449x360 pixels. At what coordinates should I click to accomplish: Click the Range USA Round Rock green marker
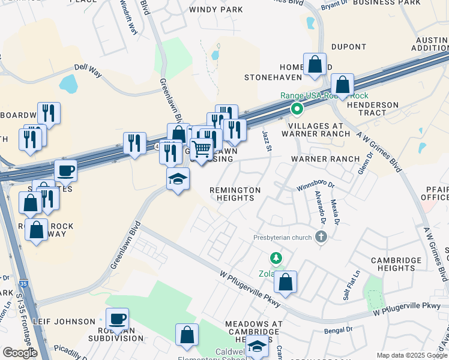click(x=297, y=109)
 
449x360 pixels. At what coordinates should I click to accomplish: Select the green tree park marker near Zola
click(x=276, y=259)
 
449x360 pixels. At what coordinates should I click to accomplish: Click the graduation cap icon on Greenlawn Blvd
click(x=178, y=179)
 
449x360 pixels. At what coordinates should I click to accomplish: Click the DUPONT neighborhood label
click(x=348, y=47)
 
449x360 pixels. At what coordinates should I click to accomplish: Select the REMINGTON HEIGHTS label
click(x=235, y=194)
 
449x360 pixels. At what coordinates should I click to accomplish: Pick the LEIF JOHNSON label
click(x=64, y=322)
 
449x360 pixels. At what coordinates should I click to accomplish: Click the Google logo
click(x=20, y=353)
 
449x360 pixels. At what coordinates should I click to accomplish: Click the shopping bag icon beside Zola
click(x=286, y=281)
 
